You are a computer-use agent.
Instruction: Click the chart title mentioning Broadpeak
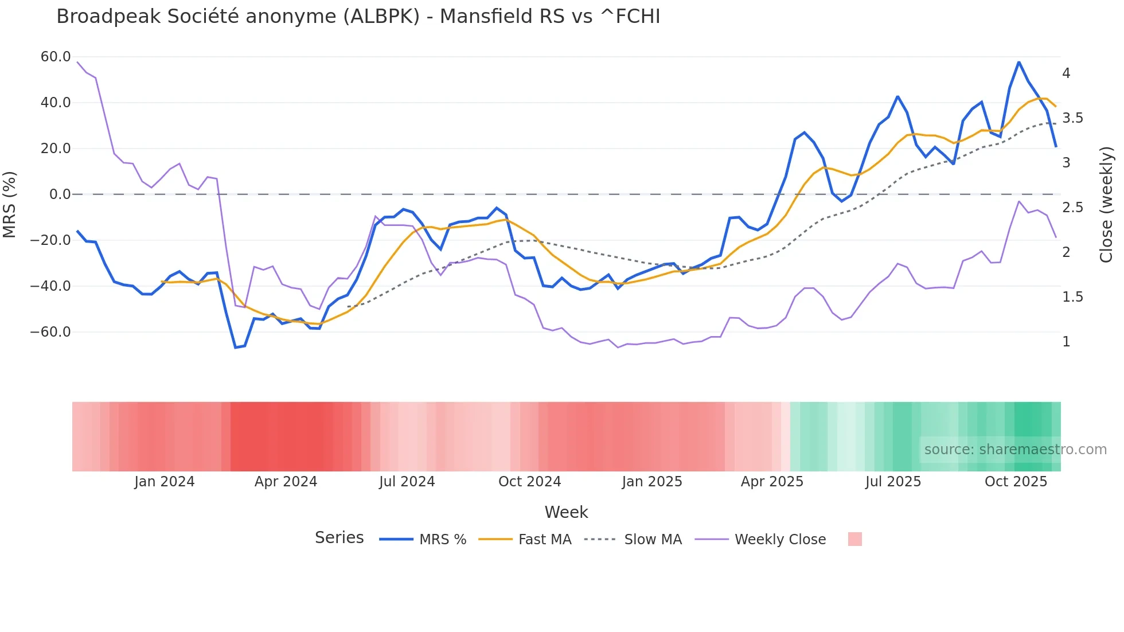point(358,17)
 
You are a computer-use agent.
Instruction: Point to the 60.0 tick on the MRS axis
point(56,57)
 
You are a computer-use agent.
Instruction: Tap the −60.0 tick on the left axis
point(50,332)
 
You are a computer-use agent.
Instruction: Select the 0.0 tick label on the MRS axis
point(60,194)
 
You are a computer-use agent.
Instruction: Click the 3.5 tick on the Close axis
point(1072,118)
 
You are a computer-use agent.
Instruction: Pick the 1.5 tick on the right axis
point(1072,297)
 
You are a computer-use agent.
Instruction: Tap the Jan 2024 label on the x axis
point(165,482)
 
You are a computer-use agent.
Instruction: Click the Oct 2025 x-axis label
point(1016,482)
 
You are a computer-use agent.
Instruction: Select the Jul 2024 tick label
point(407,482)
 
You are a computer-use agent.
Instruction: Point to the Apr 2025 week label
point(772,482)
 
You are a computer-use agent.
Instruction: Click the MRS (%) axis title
point(10,205)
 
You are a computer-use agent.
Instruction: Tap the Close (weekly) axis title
point(1106,205)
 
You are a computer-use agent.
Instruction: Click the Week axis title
point(566,512)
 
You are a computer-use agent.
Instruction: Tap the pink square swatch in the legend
point(854,539)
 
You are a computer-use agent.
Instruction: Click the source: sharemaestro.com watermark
point(1015,450)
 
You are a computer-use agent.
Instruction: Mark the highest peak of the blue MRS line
point(1018,62)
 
